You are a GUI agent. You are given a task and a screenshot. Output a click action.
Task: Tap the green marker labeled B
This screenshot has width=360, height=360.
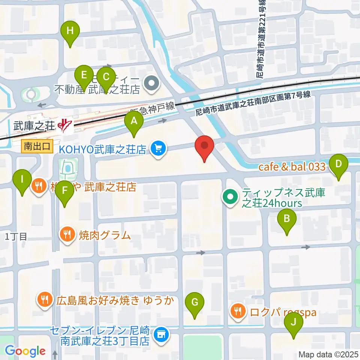pos(286,218)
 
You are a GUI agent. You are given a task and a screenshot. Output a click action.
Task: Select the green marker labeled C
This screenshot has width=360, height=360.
pos(106,77)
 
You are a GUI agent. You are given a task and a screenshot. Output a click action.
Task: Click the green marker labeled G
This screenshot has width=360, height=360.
pos(195,302)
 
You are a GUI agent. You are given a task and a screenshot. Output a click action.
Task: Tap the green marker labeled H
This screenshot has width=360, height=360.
pos(70,31)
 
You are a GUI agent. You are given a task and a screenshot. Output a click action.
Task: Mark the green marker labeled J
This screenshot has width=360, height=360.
pos(294,322)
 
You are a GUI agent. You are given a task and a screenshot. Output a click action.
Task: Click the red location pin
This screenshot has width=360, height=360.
pos(204,145)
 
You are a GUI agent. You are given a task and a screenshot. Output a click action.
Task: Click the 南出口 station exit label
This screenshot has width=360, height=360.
pos(36,146)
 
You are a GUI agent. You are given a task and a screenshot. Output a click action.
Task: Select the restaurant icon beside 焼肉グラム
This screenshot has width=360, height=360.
pos(67,235)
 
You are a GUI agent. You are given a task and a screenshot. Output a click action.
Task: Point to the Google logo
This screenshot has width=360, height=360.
pos(25,351)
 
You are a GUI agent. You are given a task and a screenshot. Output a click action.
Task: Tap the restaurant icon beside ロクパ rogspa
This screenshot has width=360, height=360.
pos(237,310)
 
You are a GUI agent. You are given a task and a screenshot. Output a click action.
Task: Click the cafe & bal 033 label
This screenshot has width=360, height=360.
pos(292,167)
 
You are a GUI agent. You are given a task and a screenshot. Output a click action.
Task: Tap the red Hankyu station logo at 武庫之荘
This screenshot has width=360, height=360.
pos(65,125)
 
